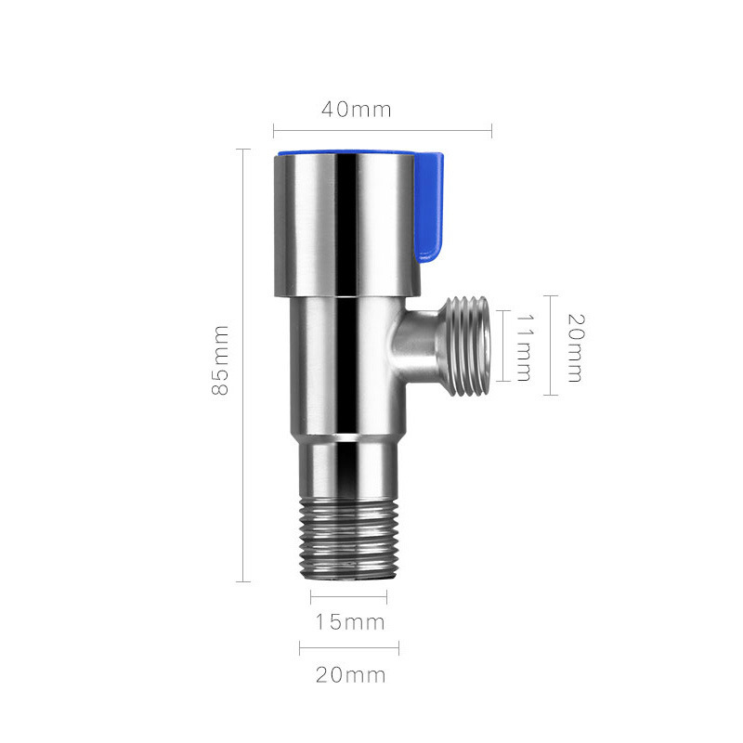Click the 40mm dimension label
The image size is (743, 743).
point(357,110)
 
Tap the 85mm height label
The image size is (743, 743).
point(220,360)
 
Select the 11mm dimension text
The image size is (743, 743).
point(523,346)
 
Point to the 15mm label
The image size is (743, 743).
point(350,622)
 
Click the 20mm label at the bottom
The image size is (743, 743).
point(351,675)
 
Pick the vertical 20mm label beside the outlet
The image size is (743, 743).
point(575,347)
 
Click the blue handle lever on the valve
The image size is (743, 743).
point(430,207)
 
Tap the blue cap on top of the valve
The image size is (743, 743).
point(345,153)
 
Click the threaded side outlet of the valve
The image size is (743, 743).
point(468,345)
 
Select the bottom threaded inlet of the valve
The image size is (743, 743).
point(348,541)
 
